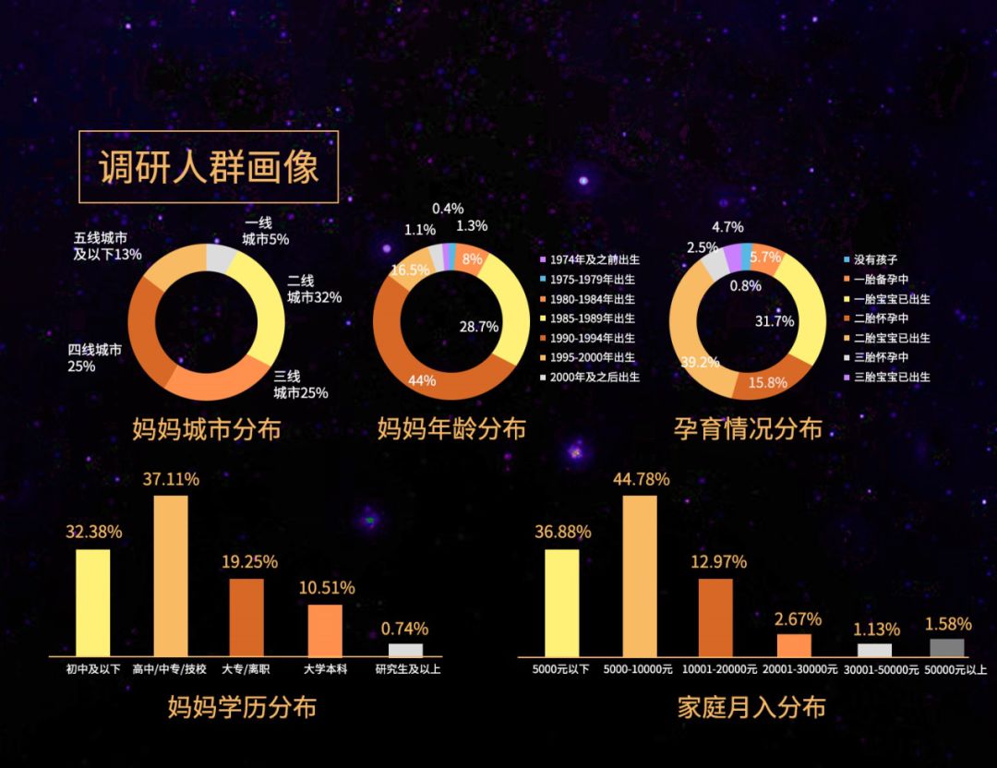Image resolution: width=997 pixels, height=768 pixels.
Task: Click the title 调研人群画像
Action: pos(209,167)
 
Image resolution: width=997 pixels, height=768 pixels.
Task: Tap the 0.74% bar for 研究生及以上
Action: pos(405,650)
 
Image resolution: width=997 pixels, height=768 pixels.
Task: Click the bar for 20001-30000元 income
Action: pos(794,644)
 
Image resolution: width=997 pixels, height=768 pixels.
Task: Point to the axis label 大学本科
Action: pos(325,668)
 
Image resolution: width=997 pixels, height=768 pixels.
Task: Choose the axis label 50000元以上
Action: pos(947,668)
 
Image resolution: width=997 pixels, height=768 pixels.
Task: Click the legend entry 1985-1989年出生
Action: pos(592,318)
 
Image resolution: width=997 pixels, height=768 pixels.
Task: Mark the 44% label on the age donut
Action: pos(422,380)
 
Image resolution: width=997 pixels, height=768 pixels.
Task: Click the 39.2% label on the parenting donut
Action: pos(701,362)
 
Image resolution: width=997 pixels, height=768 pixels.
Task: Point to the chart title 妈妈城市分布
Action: pos(207,430)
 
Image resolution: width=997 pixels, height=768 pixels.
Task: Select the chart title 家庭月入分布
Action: pos(751,708)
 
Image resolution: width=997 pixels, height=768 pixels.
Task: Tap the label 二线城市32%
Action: pos(314,289)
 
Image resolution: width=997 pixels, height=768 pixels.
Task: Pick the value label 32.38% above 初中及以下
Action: pos(93,532)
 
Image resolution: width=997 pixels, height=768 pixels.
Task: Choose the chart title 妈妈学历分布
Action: pos(242,708)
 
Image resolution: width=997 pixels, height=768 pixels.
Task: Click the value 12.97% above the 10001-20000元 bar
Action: pos(715,561)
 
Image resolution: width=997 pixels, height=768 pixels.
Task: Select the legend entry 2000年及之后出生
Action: pos(594,377)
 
